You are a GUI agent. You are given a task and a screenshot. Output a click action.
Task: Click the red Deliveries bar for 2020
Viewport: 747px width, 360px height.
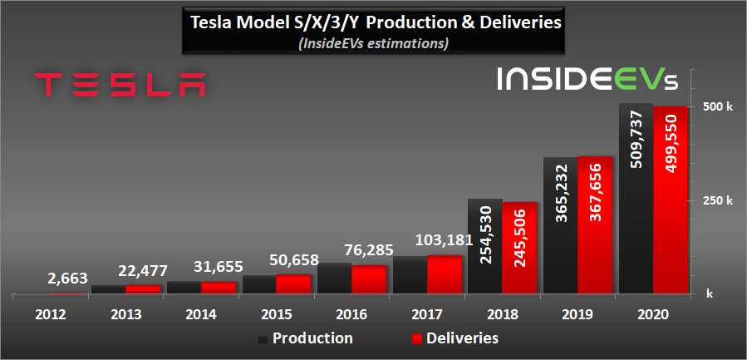tap(669, 200)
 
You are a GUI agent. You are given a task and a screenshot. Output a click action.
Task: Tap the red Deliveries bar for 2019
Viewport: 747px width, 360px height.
tap(594, 224)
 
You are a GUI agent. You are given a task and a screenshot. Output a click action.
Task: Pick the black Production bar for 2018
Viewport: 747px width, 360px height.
tap(485, 246)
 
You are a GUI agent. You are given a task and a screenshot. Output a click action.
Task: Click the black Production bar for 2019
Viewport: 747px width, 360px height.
tap(560, 225)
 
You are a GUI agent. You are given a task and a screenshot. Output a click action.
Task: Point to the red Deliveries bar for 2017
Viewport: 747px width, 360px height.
tap(445, 274)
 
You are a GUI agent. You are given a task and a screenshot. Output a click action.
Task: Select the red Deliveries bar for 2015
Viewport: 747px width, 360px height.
tap(293, 284)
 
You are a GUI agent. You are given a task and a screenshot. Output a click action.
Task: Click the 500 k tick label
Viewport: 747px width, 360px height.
tap(718, 107)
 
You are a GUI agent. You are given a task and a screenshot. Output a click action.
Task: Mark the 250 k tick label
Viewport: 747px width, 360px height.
tap(718, 200)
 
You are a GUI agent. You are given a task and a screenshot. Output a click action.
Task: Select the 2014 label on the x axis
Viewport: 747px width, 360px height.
tap(201, 315)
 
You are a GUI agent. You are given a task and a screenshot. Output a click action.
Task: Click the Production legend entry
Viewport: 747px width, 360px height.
tap(305, 338)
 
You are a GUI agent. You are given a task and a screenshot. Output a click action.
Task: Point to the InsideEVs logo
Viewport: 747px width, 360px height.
tap(587, 80)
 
